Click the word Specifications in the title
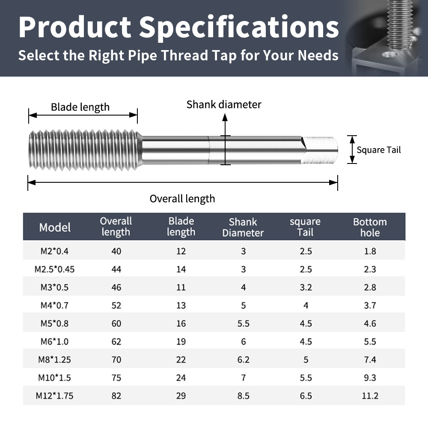coord(239,27)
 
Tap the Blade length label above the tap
coord(80,107)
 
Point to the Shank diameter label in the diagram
coord(224,104)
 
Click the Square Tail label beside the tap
coord(379,150)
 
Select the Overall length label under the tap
coord(182,199)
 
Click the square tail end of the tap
coord(319,150)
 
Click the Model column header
coord(55,227)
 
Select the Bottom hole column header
coord(370,227)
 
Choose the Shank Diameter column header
coord(243,227)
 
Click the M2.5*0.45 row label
coord(55,269)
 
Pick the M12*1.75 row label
coord(55,396)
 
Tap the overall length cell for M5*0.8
coord(116,324)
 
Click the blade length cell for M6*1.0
coord(181,342)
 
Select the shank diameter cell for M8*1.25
coord(243,360)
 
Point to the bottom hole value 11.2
coord(370,396)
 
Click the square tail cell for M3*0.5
coord(306,288)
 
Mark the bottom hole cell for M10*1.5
coord(370,378)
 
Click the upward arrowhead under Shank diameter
coord(225,117)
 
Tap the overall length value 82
coord(116,396)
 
